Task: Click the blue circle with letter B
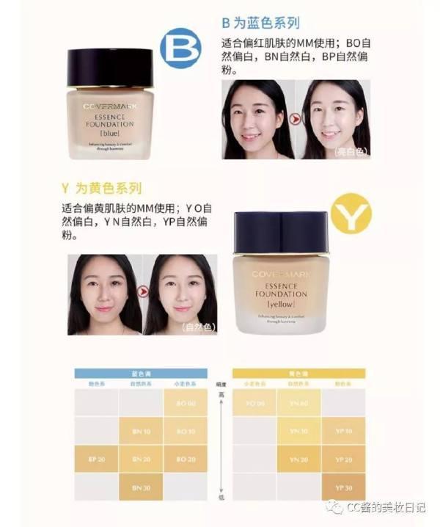tap(180, 48)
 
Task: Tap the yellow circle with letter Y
tap(350, 214)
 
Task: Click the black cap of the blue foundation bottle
tap(109, 68)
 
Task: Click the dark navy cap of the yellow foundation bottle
tap(281, 231)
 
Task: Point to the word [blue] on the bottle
tap(109, 133)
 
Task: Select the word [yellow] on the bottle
tap(281, 302)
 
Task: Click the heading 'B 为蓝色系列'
tap(260, 23)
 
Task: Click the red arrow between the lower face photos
tap(143, 292)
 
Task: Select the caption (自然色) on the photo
tap(197, 327)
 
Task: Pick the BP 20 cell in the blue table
tap(96, 459)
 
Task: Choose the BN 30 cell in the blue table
tap(141, 487)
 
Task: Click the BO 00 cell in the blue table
tap(186, 403)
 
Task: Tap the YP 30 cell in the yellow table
tap(343, 487)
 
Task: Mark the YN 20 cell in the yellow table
tap(298, 459)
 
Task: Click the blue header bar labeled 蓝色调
tap(141, 373)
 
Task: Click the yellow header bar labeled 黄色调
tap(298, 373)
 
